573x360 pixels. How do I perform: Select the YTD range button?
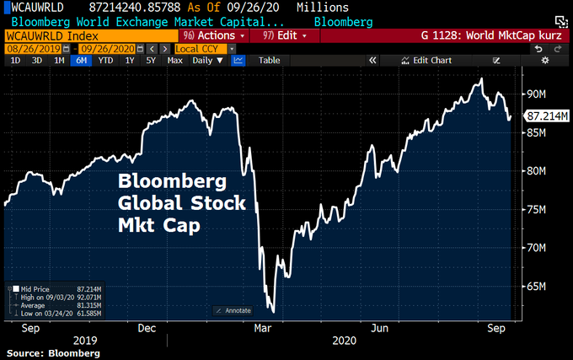click(x=105, y=61)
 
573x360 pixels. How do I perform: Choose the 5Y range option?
click(x=150, y=61)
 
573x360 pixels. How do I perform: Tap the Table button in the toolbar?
click(x=269, y=61)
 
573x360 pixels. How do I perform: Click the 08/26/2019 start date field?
click(x=31, y=49)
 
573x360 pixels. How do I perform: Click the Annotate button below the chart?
click(x=235, y=310)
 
